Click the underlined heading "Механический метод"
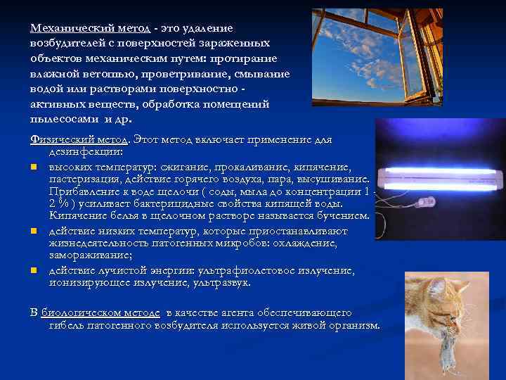90,27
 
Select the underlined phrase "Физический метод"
80,139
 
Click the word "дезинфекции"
85,151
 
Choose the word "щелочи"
185,191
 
